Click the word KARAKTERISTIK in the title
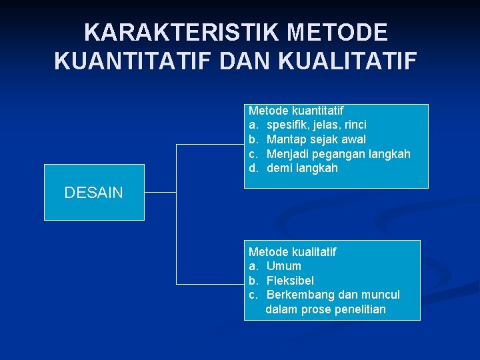169,32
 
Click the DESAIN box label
93,193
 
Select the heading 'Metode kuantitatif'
296,110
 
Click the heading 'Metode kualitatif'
292,251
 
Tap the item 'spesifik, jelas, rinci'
316,125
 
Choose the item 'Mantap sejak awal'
316,139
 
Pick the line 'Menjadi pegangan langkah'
338,154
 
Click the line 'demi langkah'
302,168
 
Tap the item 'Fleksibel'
290,281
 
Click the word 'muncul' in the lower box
381,295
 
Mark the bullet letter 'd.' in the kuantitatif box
253,168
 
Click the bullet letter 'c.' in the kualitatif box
253,295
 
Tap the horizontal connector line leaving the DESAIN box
160,193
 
